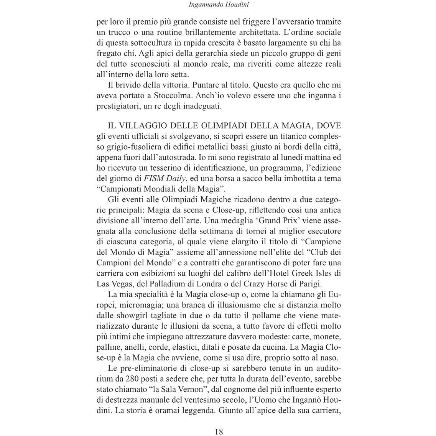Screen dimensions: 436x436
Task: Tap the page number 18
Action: click(x=219, y=431)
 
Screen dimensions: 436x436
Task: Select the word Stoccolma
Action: click(x=152, y=95)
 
